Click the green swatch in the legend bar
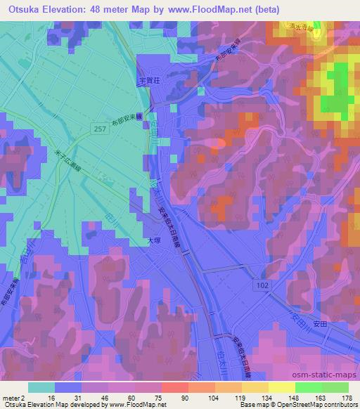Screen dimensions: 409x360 tap(309, 387)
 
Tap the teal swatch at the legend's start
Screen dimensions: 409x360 tap(41, 387)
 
